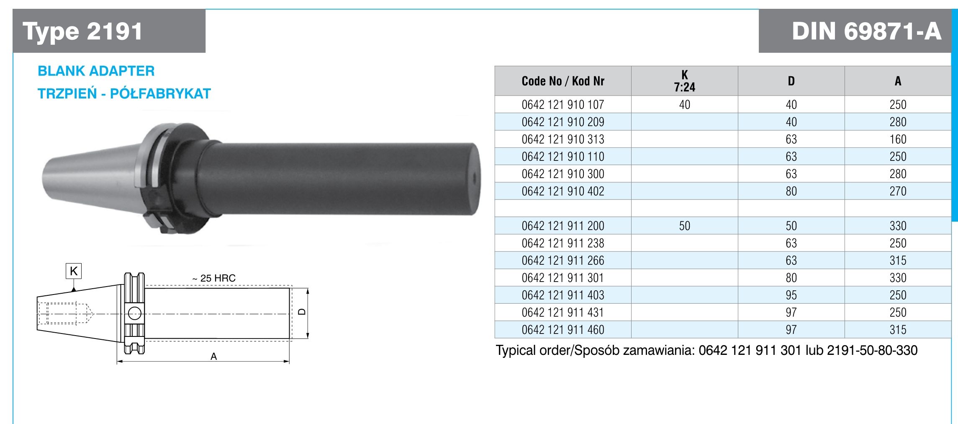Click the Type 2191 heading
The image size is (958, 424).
click(83, 31)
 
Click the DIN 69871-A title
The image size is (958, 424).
click(866, 31)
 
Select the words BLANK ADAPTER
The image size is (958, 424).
click(96, 71)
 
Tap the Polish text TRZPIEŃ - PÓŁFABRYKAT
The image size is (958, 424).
click(124, 93)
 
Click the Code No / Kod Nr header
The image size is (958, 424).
click(563, 81)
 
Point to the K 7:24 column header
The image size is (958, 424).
click(685, 81)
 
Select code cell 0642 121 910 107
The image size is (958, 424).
click(563, 104)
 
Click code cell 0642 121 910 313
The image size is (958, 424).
click(563, 139)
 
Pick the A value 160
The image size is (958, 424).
click(898, 139)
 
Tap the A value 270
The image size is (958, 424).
click(898, 191)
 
